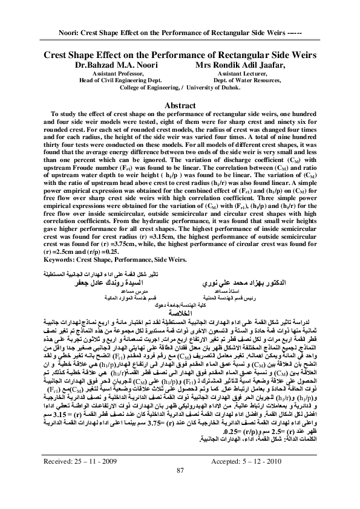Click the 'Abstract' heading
coord(179,105)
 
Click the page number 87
coord(180,487)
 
